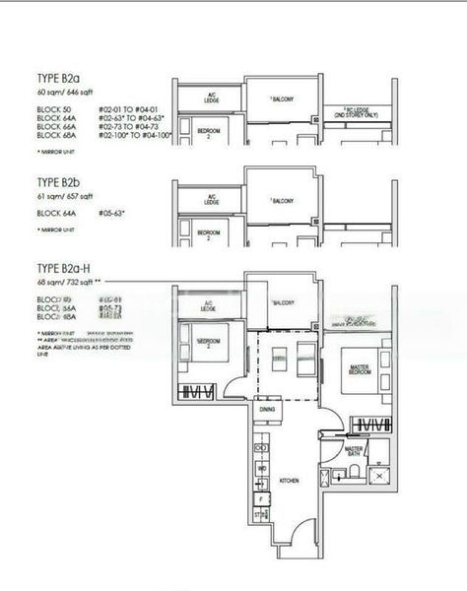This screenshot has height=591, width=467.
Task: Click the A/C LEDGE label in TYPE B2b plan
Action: click(x=210, y=198)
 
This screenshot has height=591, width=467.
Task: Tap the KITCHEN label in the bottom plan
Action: click(x=289, y=480)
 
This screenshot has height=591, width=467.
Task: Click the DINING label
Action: click(x=266, y=409)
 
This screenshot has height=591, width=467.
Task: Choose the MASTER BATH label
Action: click(x=356, y=453)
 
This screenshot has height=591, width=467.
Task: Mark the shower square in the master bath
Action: click(x=378, y=475)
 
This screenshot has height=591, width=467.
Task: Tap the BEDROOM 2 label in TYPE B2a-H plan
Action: click(x=208, y=342)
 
